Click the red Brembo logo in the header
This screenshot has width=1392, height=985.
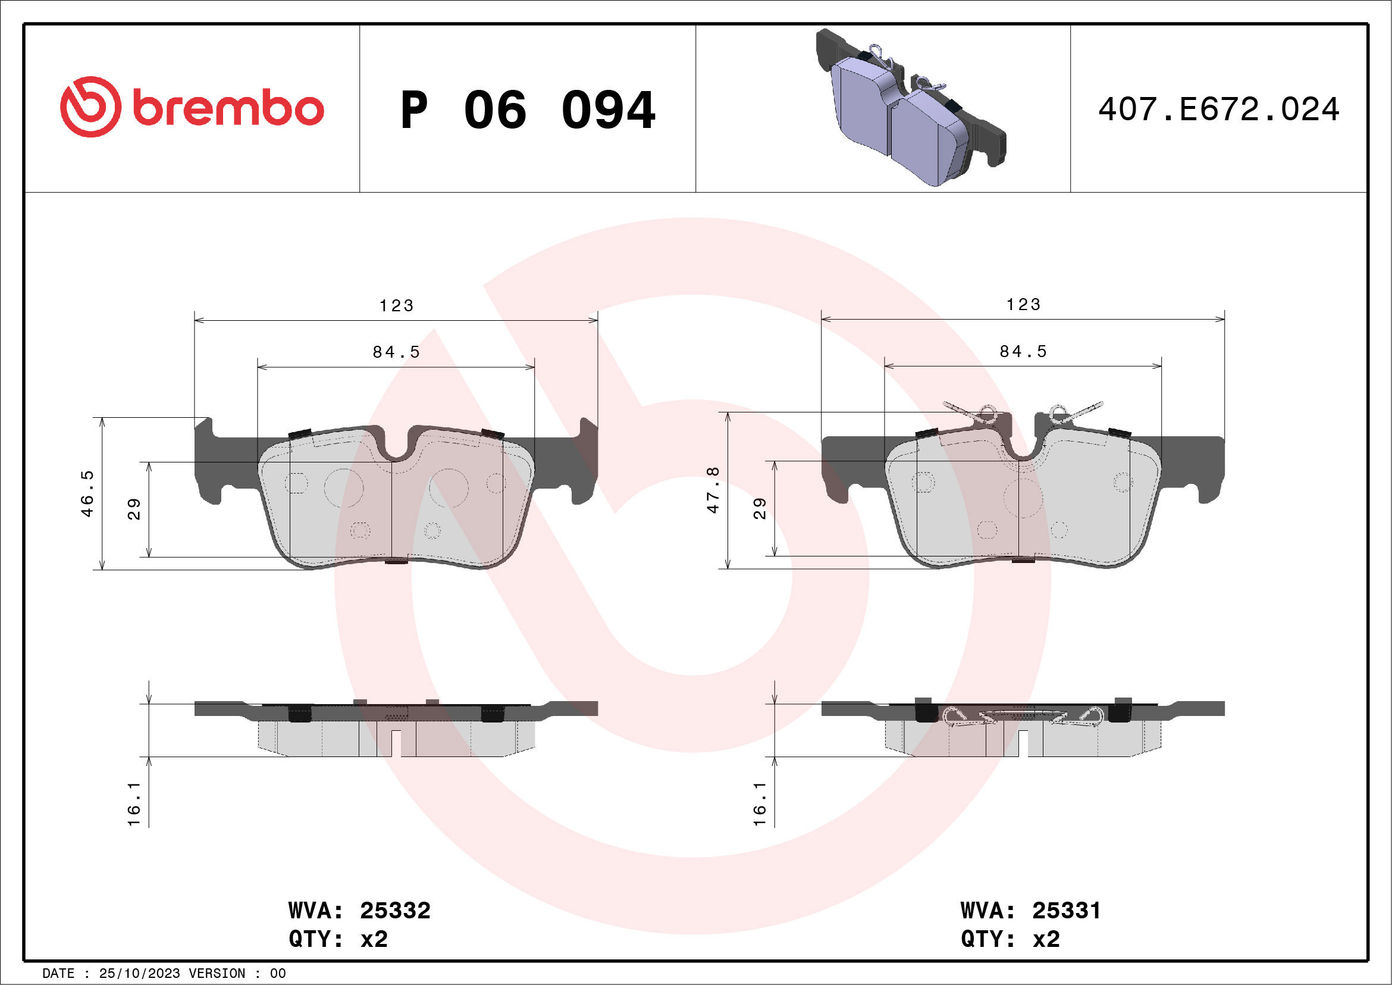tap(192, 107)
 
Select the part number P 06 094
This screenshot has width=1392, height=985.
tap(528, 110)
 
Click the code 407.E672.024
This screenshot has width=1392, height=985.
tap(1219, 110)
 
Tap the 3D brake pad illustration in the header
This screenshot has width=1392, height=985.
tap(910, 108)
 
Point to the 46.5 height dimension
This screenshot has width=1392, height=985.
tap(88, 493)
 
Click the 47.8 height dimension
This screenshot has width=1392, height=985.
tap(714, 490)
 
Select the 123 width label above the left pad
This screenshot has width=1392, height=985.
tap(397, 306)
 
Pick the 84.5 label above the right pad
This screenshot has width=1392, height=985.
tap(1023, 352)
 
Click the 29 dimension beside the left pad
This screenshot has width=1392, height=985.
tap(134, 509)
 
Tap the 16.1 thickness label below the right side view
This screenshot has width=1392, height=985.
tap(760, 803)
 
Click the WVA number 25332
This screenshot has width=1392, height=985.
tap(394, 911)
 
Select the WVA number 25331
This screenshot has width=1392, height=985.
tap(1066, 911)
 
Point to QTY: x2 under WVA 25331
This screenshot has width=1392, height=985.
tap(1010, 939)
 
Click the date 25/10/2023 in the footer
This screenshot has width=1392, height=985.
tap(139, 974)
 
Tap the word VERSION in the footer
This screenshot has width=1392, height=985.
tap(217, 974)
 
